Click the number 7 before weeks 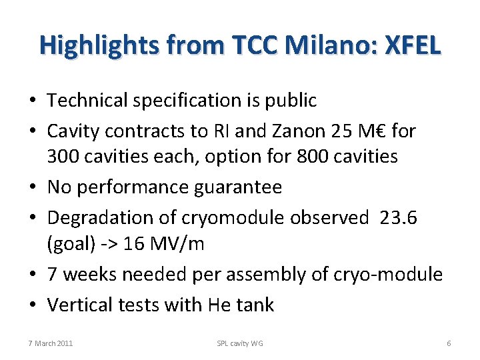pos(53,274)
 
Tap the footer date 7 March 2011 pos(51,343)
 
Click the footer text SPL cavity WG pos(240,343)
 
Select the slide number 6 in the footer pos(449,343)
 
